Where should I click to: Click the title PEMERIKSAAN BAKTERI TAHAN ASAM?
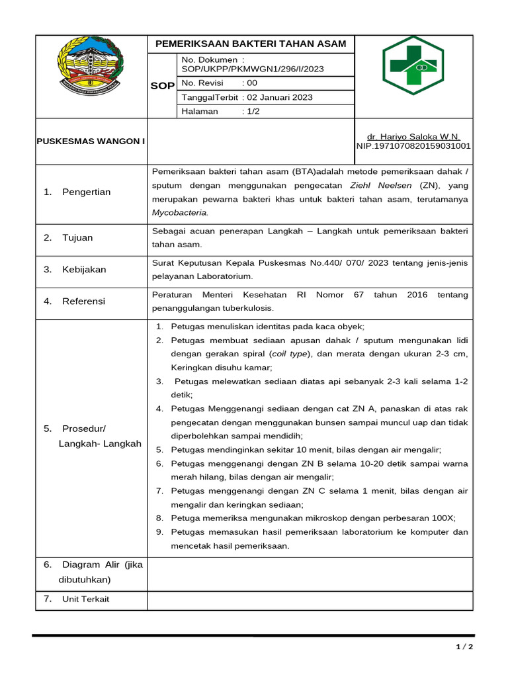pyautogui.click(x=250, y=44)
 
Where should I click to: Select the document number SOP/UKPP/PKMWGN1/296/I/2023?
pyautogui.click(x=252, y=69)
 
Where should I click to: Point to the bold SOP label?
pyautogui.click(x=162, y=86)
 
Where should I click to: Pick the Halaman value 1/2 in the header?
pyautogui.click(x=251, y=111)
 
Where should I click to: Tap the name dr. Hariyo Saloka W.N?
pyautogui.click(x=413, y=136)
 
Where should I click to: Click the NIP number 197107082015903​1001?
pyautogui.click(x=413, y=145)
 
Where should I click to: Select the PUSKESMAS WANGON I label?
pyautogui.click(x=91, y=141)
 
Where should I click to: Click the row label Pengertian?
pyautogui.click(x=87, y=192)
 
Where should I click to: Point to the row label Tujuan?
pyautogui.click(x=77, y=237)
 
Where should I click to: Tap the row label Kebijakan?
pyautogui.click(x=84, y=269)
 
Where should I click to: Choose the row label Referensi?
pyautogui.click(x=83, y=301)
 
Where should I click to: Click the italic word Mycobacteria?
pyautogui.click(x=180, y=213)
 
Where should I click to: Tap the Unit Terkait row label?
pyautogui.click(x=85, y=599)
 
